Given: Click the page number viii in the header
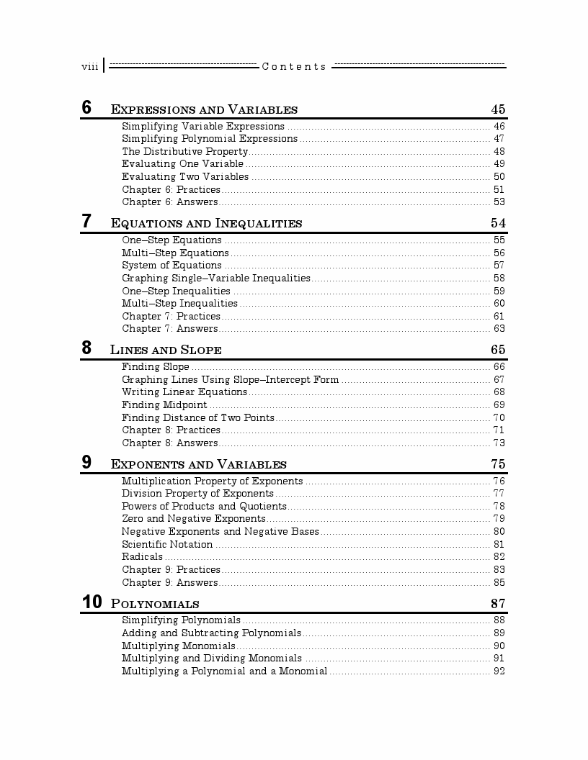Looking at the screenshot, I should (x=89, y=67).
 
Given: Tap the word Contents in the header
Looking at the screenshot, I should (x=294, y=67).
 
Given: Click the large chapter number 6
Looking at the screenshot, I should (x=86, y=108).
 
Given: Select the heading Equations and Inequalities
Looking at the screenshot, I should (x=206, y=223).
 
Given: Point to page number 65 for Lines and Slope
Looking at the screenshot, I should (x=498, y=350).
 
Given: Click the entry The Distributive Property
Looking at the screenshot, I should (x=184, y=151).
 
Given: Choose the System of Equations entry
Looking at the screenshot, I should (x=171, y=266).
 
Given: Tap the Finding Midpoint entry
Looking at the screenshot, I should (x=164, y=405).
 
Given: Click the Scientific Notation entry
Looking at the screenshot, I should (x=167, y=544).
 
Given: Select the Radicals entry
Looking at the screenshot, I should (x=142, y=557).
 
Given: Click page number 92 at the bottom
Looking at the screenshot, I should (x=499, y=671).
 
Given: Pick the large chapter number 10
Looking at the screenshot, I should (x=92, y=602).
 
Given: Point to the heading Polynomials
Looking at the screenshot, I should (x=155, y=604).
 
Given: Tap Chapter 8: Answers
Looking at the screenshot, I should (x=169, y=443).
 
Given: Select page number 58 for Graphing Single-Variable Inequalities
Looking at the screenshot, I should (x=499, y=278).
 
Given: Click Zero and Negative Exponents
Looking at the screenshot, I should (x=193, y=519).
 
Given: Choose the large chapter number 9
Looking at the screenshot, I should (x=86, y=463).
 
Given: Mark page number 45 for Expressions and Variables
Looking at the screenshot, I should (x=498, y=109).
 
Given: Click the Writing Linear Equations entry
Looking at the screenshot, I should (x=184, y=392).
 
